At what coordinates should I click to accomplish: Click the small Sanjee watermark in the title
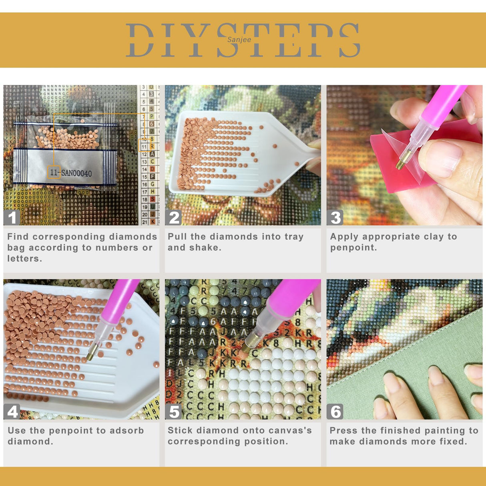coord(239,40)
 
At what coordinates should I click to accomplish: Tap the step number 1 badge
coord(12,217)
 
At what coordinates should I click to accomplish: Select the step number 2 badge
coord(174,217)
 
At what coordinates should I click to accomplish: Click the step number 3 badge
coord(335,217)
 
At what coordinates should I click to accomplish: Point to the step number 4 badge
coord(12,412)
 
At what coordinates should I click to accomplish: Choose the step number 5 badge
coord(174,412)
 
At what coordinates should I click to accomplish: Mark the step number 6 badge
coord(335,412)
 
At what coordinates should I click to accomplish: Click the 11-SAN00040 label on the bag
coord(71,173)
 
